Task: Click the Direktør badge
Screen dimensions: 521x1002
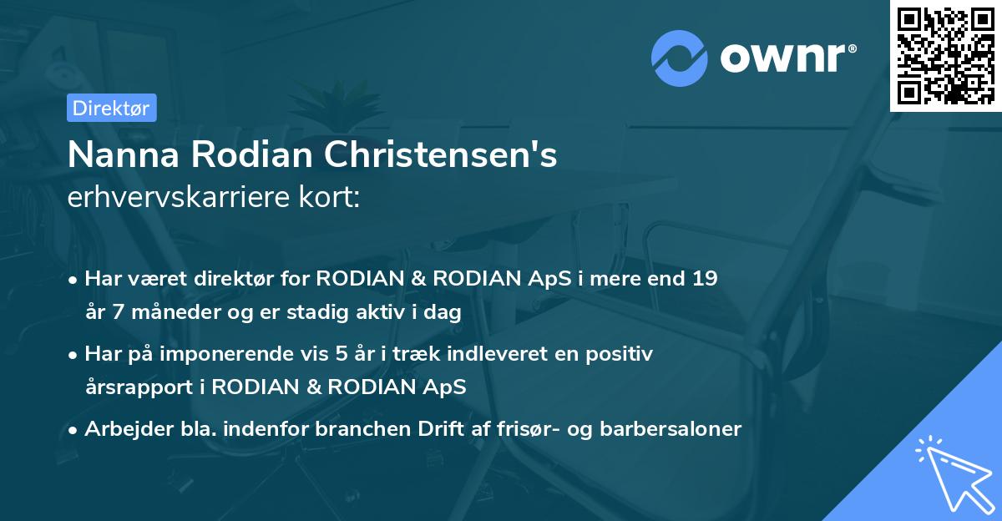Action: pyautogui.click(x=111, y=108)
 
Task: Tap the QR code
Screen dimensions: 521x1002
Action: pyautogui.click(x=945, y=56)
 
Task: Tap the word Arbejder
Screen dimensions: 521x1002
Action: pyautogui.click(x=123, y=429)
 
